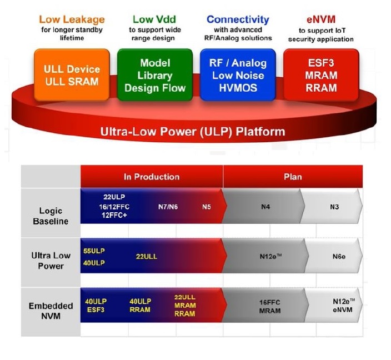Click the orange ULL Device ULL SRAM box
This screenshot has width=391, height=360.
(x=72, y=75)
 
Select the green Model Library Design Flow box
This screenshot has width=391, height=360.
(x=155, y=75)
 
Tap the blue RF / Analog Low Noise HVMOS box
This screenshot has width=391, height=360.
(x=238, y=75)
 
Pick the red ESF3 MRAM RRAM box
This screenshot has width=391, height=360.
(x=321, y=75)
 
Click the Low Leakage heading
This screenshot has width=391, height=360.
(x=72, y=19)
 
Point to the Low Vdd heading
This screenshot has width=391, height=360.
(x=154, y=19)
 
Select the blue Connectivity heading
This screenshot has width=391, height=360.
(x=238, y=19)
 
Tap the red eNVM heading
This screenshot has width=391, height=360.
(x=321, y=19)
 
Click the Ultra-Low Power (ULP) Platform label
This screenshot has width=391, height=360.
(x=193, y=132)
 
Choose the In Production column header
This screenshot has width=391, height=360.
(x=152, y=177)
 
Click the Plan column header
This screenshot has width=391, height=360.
(x=293, y=177)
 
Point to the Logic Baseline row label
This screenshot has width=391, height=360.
(x=51, y=216)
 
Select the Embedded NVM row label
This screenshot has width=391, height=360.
(x=51, y=311)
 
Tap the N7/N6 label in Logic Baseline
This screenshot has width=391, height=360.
(x=168, y=207)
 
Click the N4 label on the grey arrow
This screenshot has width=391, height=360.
(x=265, y=207)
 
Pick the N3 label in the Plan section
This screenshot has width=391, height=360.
(x=334, y=207)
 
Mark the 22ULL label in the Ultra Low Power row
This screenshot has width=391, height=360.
(x=147, y=257)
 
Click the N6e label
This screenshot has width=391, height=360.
(x=339, y=257)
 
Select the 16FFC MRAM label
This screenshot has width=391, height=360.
(x=270, y=307)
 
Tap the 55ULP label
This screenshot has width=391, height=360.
(x=94, y=251)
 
